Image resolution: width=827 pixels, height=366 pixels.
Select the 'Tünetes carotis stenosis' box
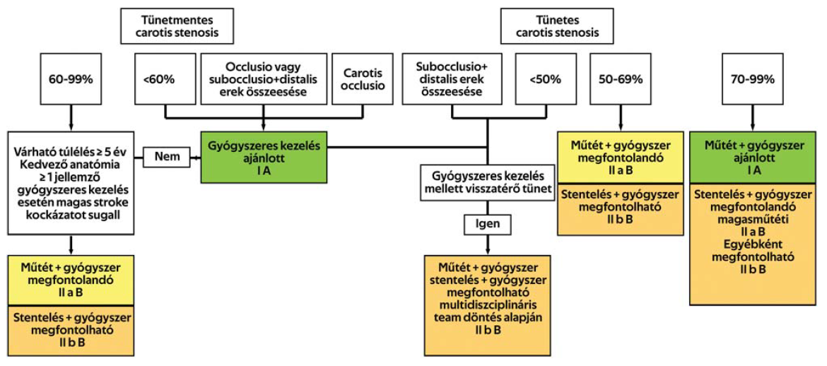point(558,26)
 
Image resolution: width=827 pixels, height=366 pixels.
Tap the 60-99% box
point(71,79)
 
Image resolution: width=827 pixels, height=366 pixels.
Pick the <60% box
point(165,79)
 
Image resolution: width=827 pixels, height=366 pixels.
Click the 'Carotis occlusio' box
point(363,79)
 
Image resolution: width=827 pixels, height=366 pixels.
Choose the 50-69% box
point(620,79)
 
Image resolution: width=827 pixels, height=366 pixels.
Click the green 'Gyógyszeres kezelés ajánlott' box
point(263,157)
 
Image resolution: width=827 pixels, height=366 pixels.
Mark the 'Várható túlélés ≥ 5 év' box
point(71,182)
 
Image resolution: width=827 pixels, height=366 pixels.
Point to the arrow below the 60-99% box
point(71,119)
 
